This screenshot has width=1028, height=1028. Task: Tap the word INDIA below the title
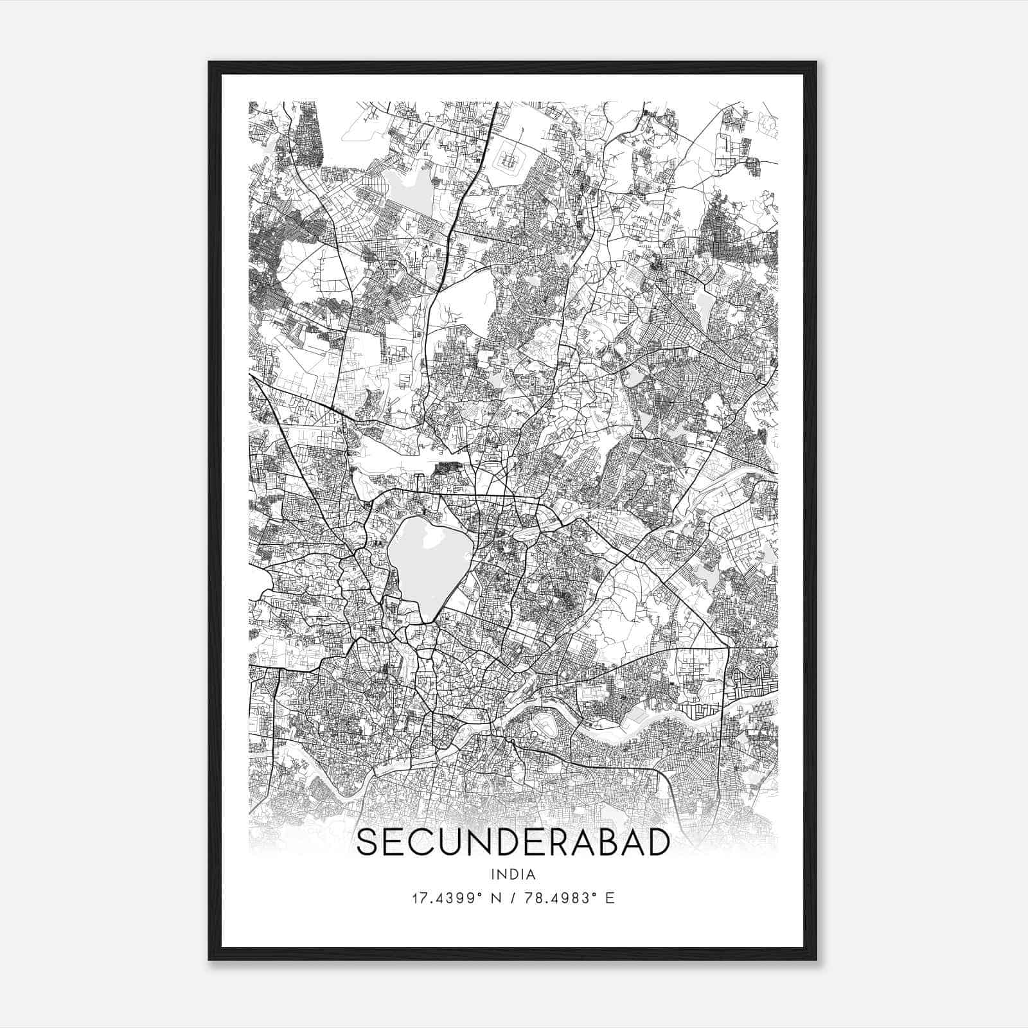pyautogui.click(x=513, y=874)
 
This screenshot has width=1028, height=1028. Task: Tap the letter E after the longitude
pyautogui.click(x=610, y=898)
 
